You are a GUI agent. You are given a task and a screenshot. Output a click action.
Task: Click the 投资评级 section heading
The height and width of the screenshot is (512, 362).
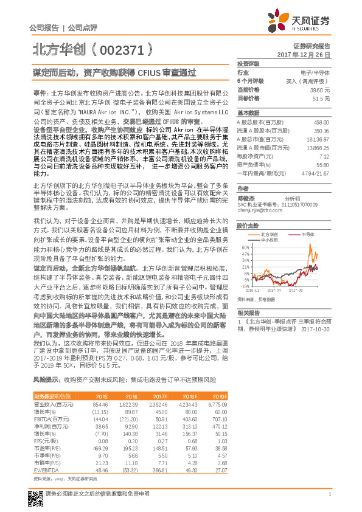tap(248, 63)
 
